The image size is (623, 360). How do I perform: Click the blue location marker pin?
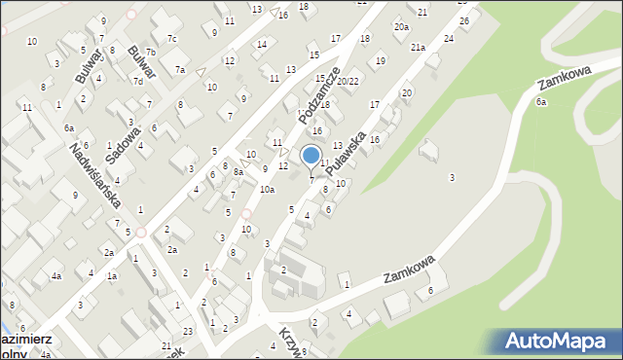(311, 157)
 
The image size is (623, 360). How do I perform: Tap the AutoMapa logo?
(560, 342)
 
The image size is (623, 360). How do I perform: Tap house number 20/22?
(348, 81)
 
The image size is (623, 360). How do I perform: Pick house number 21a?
(418, 48)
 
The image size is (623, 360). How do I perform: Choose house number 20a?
(401, 28)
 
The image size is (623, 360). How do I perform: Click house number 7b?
(150, 52)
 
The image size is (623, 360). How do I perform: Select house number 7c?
(171, 39)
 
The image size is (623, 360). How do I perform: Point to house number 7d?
(138, 81)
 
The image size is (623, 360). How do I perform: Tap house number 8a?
(238, 172)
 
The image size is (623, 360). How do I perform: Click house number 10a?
(267, 190)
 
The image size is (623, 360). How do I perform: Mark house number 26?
(463, 20)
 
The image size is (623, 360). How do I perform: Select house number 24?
(448, 38)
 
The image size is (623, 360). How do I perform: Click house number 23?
(188, 333)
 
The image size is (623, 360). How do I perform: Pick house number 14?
(261, 44)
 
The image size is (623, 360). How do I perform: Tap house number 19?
(380, 61)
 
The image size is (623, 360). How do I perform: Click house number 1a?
(112, 277)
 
